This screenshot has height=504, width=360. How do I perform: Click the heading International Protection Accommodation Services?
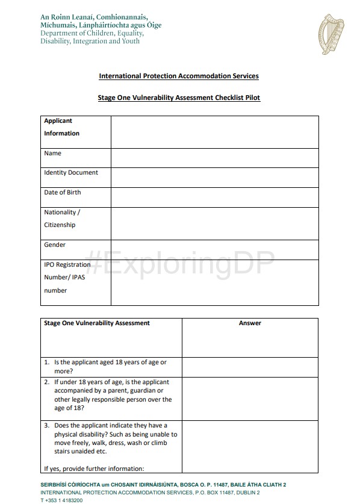click(x=179, y=76)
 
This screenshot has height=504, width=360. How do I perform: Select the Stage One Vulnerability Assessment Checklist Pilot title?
click(x=179, y=97)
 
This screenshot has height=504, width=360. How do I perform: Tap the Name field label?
click(x=53, y=154)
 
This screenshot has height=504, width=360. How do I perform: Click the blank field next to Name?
click(x=214, y=158)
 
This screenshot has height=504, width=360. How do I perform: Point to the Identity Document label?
click(x=71, y=173)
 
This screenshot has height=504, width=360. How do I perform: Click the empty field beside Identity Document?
click(x=214, y=177)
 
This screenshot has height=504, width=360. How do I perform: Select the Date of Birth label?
click(x=63, y=193)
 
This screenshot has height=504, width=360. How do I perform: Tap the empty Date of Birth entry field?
click(x=214, y=197)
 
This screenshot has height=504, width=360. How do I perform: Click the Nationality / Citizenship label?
click(x=62, y=219)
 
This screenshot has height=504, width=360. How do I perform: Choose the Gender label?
click(x=55, y=245)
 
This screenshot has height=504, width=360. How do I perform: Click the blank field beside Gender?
click(x=214, y=249)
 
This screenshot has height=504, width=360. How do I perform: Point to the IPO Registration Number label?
click(x=67, y=278)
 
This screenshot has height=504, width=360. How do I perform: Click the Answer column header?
click(x=250, y=323)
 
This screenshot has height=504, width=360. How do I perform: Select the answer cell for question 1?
click(x=250, y=367)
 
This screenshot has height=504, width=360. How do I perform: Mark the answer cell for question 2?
click(x=250, y=399)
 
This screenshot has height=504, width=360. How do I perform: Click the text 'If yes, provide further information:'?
click(x=94, y=468)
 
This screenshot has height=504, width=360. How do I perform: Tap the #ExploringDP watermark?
click(x=180, y=265)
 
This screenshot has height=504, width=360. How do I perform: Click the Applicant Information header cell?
click(x=62, y=127)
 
